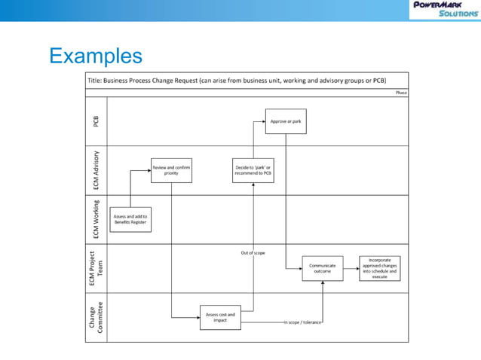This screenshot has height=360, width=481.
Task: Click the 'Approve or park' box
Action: click(286, 121)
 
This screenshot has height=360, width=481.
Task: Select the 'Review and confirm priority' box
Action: click(171, 170)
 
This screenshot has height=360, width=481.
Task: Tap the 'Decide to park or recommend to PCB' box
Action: click(253, 170)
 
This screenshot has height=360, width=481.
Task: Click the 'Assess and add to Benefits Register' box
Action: click(130, 219)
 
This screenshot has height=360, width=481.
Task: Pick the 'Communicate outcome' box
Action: click(323, 268)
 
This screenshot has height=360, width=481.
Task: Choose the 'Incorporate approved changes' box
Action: click(379, 268)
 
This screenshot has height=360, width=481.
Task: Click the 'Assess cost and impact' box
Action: click(220, 317)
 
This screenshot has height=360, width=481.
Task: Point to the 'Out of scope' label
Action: click(253, 253)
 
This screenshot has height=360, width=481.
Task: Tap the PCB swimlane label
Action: click(96, 121)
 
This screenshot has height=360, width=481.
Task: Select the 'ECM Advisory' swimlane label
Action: click(96, 170)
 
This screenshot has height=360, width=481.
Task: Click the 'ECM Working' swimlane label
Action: click(96, 219)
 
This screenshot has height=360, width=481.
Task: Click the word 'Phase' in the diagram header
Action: click(401, 93)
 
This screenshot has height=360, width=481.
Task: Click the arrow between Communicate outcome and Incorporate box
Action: click(351, 267)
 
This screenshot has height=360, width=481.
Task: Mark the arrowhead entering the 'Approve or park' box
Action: click(264, 121)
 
